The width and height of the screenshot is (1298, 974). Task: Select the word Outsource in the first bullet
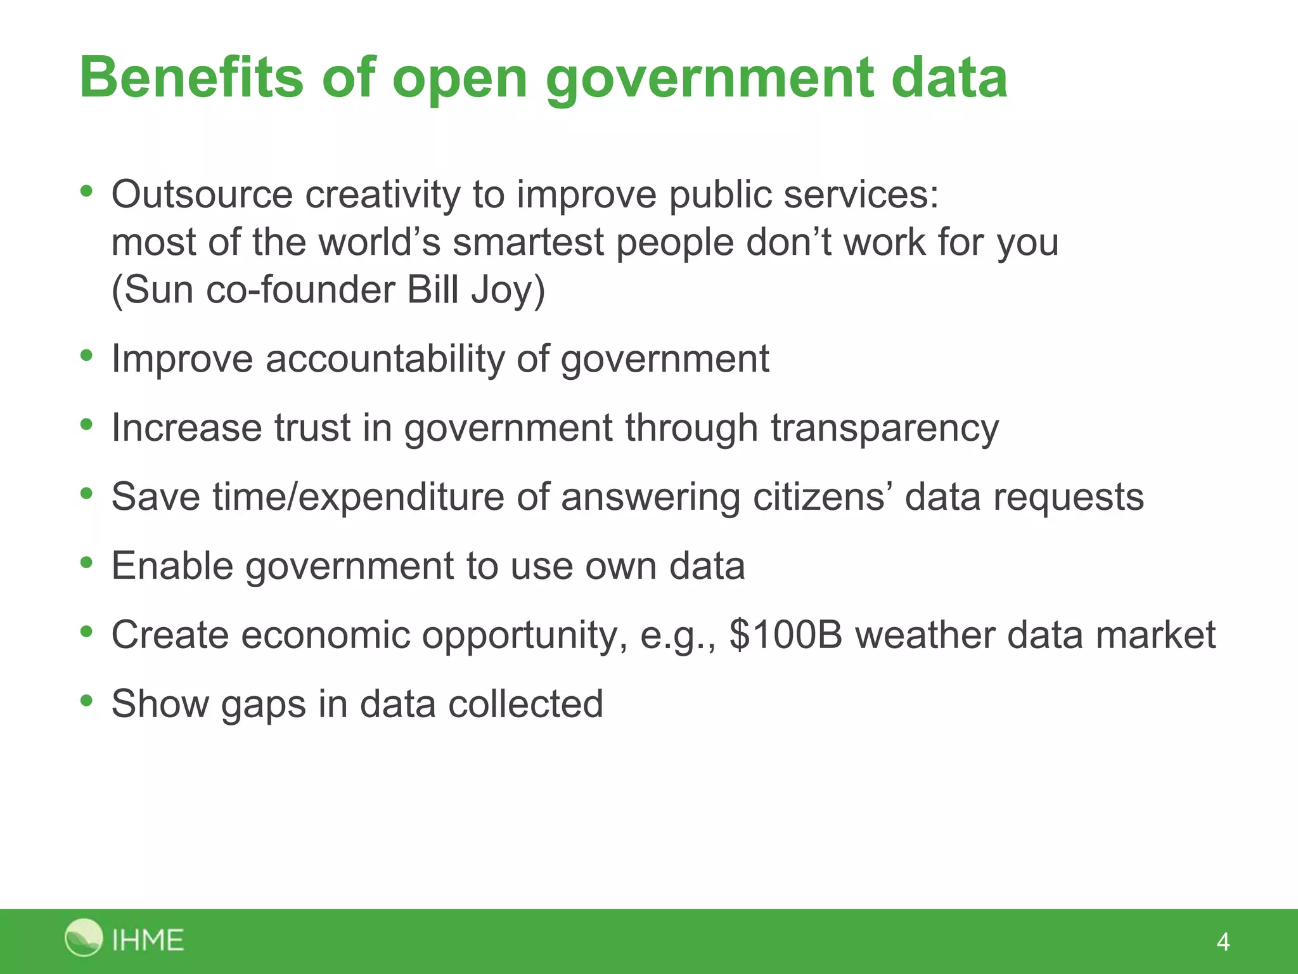[x=202, y=194]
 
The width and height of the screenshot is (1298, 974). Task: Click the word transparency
[x=885, y=428]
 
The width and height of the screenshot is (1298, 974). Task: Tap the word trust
[x=312, y=427]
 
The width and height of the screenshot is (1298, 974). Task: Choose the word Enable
[x=172, y=566]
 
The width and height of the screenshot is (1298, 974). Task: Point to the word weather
[x=925, y=635]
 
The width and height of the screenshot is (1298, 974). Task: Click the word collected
[x=525, y=704]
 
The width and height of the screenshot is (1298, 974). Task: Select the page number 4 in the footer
[x=1223, y=942]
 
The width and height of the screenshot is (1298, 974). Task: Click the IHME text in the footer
[x=148, y=940]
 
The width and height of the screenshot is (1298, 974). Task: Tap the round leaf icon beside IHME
[x=83, y=937]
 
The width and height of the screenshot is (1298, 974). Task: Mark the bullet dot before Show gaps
[x=87, y=701]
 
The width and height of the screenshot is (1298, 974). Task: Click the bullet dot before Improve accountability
[x=87, y=356]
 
